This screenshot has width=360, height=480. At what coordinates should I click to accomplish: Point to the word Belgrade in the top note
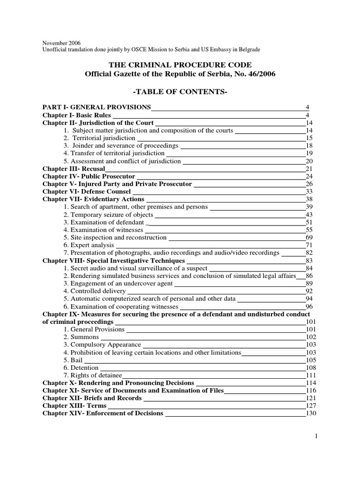tap(247, 49)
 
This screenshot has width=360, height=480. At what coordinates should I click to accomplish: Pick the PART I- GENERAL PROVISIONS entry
tap(97, 107)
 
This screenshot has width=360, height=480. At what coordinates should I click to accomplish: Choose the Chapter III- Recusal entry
tap(74, 168)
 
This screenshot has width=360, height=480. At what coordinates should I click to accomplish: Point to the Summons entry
tap(82, 337)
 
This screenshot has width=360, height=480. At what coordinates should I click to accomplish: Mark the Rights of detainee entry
tap(92, 375)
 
